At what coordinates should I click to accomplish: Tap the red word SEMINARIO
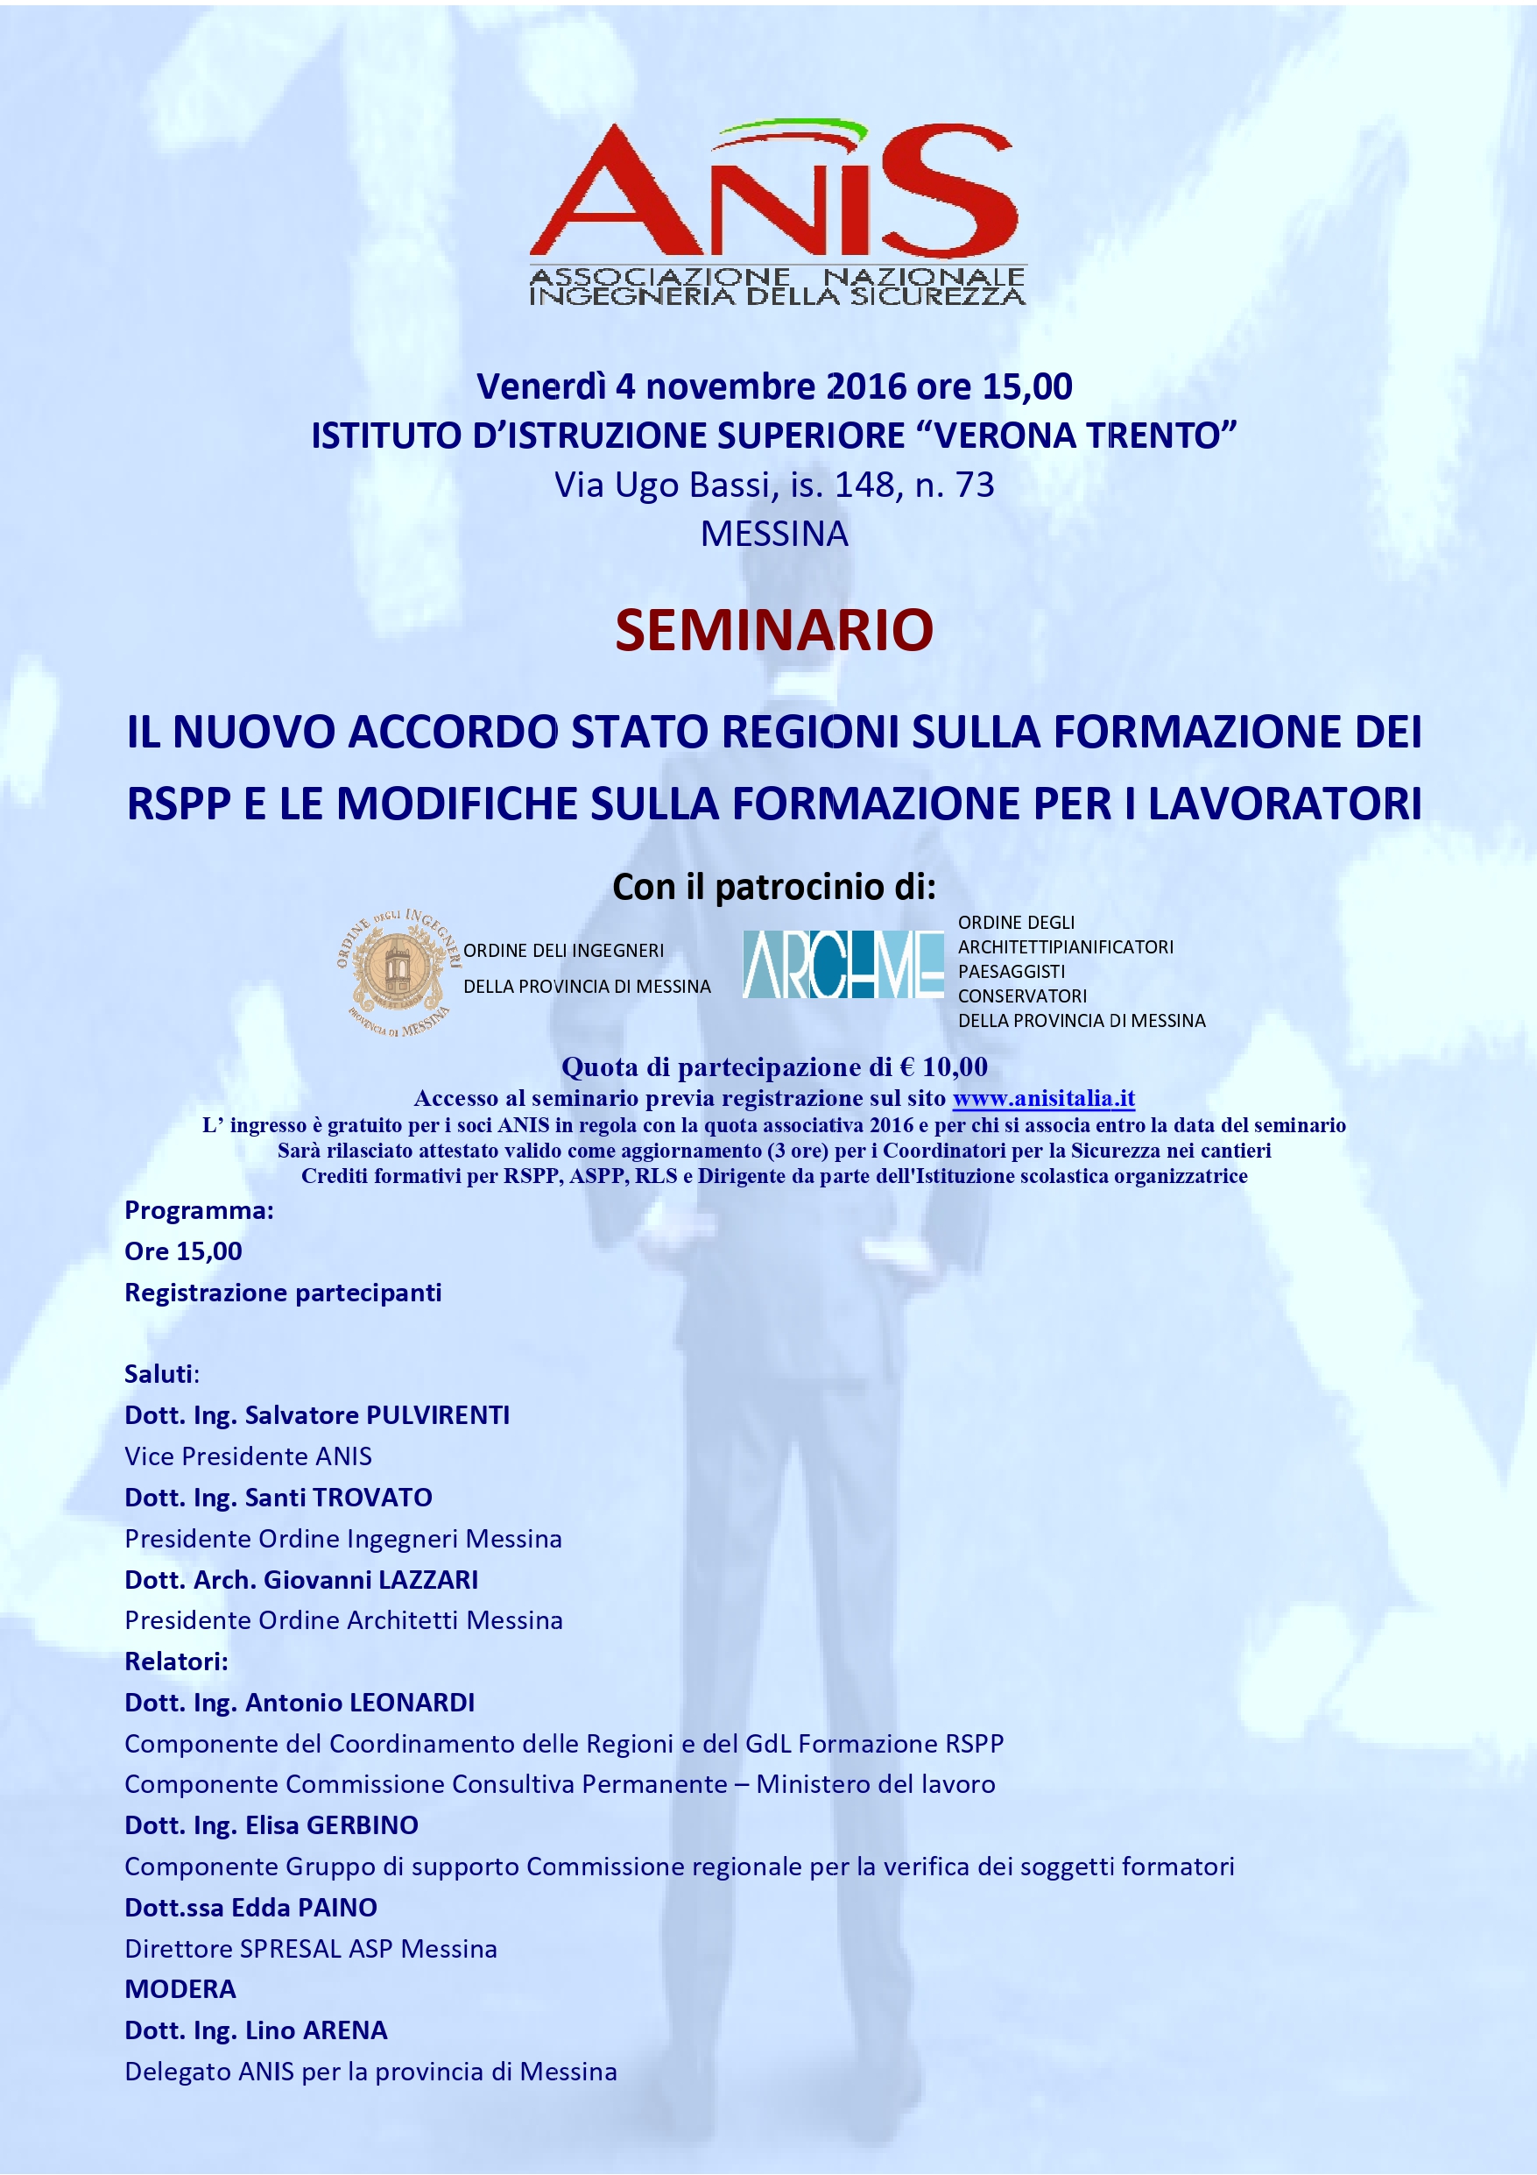773,630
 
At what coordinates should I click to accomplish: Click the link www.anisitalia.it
1043,1098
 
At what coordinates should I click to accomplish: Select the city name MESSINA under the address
773,535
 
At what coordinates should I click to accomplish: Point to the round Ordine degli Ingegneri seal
397,972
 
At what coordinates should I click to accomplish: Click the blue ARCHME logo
843,963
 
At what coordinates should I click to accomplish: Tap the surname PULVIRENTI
438,1414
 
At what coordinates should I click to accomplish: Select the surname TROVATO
372,1497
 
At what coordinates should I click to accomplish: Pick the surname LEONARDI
412,1703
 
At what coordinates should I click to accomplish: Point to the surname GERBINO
362,1824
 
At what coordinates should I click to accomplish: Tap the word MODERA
180,1988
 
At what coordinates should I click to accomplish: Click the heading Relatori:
176,1661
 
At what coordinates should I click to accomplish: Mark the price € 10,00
943,1066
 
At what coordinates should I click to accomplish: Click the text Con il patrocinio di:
773,887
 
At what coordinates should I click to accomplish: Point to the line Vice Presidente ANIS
248,1456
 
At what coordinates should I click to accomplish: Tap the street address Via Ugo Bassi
663,485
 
